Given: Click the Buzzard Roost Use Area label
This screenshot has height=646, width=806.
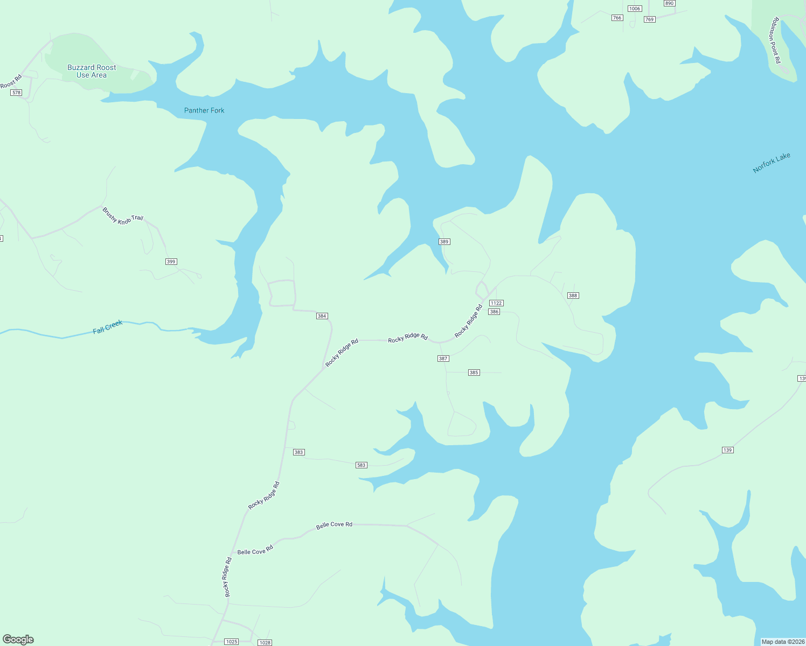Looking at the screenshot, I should [92, 71].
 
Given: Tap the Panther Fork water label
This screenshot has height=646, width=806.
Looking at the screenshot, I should [204, 110].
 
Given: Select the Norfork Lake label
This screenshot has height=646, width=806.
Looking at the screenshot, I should [772, 163].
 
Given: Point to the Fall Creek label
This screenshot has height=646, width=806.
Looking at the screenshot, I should [108, 327].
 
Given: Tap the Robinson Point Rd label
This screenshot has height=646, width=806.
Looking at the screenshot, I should [775, 40].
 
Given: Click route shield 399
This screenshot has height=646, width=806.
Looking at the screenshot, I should [171, 262].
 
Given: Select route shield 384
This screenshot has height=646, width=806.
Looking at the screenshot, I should [322, 316].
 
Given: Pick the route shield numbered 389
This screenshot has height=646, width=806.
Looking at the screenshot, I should [444, 242].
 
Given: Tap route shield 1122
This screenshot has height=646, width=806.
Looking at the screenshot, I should [496, 303].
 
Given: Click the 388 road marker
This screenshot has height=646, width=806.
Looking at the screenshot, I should [573, 296].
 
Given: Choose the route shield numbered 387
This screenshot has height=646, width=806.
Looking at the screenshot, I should [443, 359].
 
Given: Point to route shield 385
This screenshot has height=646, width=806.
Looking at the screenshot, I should [474, 373].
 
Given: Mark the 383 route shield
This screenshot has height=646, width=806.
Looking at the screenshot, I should [298, 452].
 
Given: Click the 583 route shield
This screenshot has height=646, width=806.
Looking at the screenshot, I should [361, 465].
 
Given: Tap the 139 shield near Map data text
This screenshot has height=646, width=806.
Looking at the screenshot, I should [727, 450].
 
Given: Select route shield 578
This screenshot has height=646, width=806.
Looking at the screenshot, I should [16, 93].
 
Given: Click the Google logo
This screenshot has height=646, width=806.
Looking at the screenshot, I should [18, 640].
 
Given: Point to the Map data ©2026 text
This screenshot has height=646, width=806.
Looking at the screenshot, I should [782, 642].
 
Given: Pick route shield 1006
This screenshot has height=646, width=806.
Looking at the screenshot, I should [635, 9].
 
